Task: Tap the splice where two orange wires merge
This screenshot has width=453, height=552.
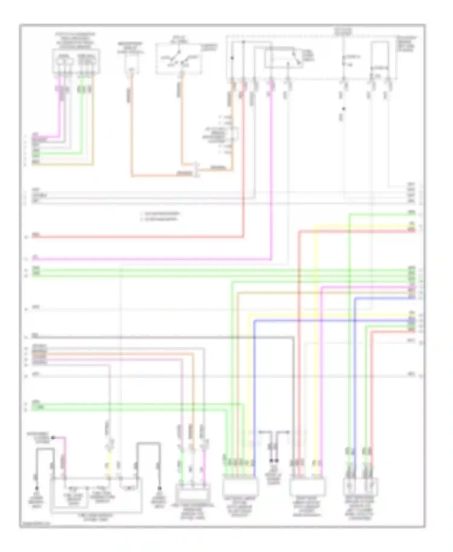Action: coord(197,170)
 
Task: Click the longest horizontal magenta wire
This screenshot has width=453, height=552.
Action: coord(151,259)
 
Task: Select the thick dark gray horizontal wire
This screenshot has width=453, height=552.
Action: coord(163,337)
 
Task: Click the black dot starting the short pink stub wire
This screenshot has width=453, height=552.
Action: coord(53,437)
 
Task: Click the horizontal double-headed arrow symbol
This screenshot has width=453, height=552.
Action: coord(274,432)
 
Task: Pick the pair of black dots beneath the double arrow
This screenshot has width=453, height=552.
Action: coord(274,461)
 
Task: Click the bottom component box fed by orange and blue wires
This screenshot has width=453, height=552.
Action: coord(240,487)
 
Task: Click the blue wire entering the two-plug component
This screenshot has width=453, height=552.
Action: coord(355,393)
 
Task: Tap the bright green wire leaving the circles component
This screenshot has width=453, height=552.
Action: coord(81,121)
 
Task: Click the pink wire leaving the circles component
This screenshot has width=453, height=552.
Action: coord(59,121)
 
